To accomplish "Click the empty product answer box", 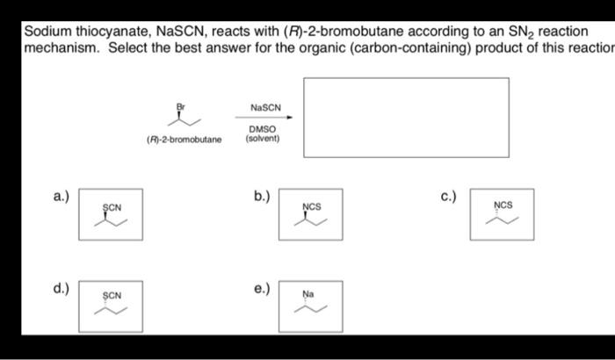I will click(x=406, y=117).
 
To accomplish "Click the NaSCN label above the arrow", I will click(x=264, y=107).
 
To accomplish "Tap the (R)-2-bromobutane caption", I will click(x=184, y=139).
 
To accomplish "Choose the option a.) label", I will click(x=61, y=196).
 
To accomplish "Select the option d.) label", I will click(x=61, y=287).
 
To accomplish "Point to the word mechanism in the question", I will click(x=61, y=47).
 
